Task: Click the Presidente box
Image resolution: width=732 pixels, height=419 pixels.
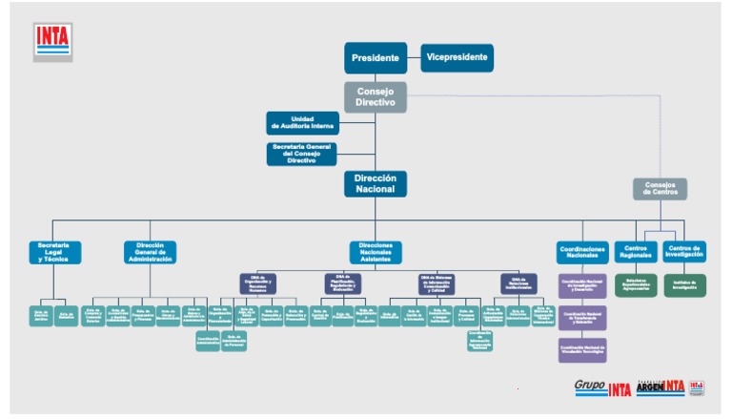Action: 376,58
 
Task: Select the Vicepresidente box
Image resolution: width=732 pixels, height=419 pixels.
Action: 457,57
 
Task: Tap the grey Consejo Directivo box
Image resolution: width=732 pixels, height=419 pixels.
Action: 376,95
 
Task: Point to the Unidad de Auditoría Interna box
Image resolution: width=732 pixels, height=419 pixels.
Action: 302,122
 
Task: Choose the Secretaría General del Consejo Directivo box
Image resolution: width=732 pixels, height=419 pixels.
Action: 302,153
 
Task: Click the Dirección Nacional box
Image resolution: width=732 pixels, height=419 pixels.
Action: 376,184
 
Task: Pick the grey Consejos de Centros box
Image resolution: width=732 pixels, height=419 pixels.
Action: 660,188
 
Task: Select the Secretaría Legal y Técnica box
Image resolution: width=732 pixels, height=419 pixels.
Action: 54,252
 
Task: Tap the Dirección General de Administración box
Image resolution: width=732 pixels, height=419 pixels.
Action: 150,252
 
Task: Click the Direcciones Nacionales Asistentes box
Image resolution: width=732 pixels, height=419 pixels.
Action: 376,252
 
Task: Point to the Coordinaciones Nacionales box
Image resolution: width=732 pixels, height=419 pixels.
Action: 582,252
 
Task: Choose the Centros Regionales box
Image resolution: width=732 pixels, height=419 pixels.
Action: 636,252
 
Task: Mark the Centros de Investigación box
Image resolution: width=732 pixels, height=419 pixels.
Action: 683,252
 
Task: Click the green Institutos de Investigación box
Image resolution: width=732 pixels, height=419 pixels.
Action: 684,284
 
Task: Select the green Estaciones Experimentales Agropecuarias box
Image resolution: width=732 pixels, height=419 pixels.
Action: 636,284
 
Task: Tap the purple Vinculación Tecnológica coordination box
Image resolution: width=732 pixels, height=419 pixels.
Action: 582,349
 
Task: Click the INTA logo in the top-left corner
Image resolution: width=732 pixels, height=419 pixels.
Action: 53,39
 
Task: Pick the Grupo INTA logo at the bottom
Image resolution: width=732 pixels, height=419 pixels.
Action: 602,388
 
